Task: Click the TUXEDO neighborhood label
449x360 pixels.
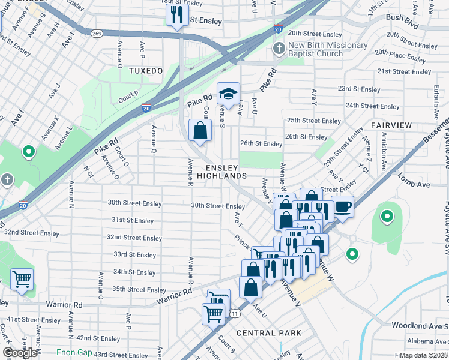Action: [x=145, y=71]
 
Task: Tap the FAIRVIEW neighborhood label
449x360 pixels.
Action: [x=391, y=125]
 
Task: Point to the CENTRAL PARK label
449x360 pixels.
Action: [x=268, y=333]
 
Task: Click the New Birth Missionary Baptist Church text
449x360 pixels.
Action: [x=327, y=50]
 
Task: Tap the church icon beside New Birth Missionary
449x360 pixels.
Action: [x=279, y=47]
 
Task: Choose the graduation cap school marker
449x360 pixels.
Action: [x=228, y=94]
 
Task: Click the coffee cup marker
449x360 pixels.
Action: [x=342, y=206]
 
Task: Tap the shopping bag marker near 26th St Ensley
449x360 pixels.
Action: [x=200, y=129]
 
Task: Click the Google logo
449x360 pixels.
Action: [x=20, y=352]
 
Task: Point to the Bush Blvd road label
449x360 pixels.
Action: [x=402, y=18]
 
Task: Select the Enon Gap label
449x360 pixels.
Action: [x=74, y=352]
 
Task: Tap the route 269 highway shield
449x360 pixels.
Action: [x=97, y=34]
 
